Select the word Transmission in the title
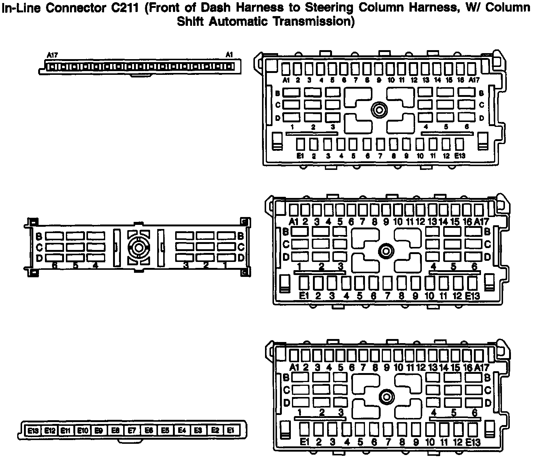coord(313,21)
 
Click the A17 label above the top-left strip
coord(52,55)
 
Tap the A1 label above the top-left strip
coord(229,55)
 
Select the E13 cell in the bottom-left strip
coord(33,431)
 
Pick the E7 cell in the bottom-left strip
coord(132,431)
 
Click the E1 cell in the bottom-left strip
coord(231,431)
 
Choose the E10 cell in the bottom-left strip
coord(82,431)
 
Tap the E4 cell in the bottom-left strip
coord(182,431)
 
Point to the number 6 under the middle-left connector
coord(55,265)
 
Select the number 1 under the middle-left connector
coord(225,265)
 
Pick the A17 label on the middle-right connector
coord(481,222)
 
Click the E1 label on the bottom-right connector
coord(304,442)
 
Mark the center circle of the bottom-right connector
coord(386,397)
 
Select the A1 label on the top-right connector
coord(286,80)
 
